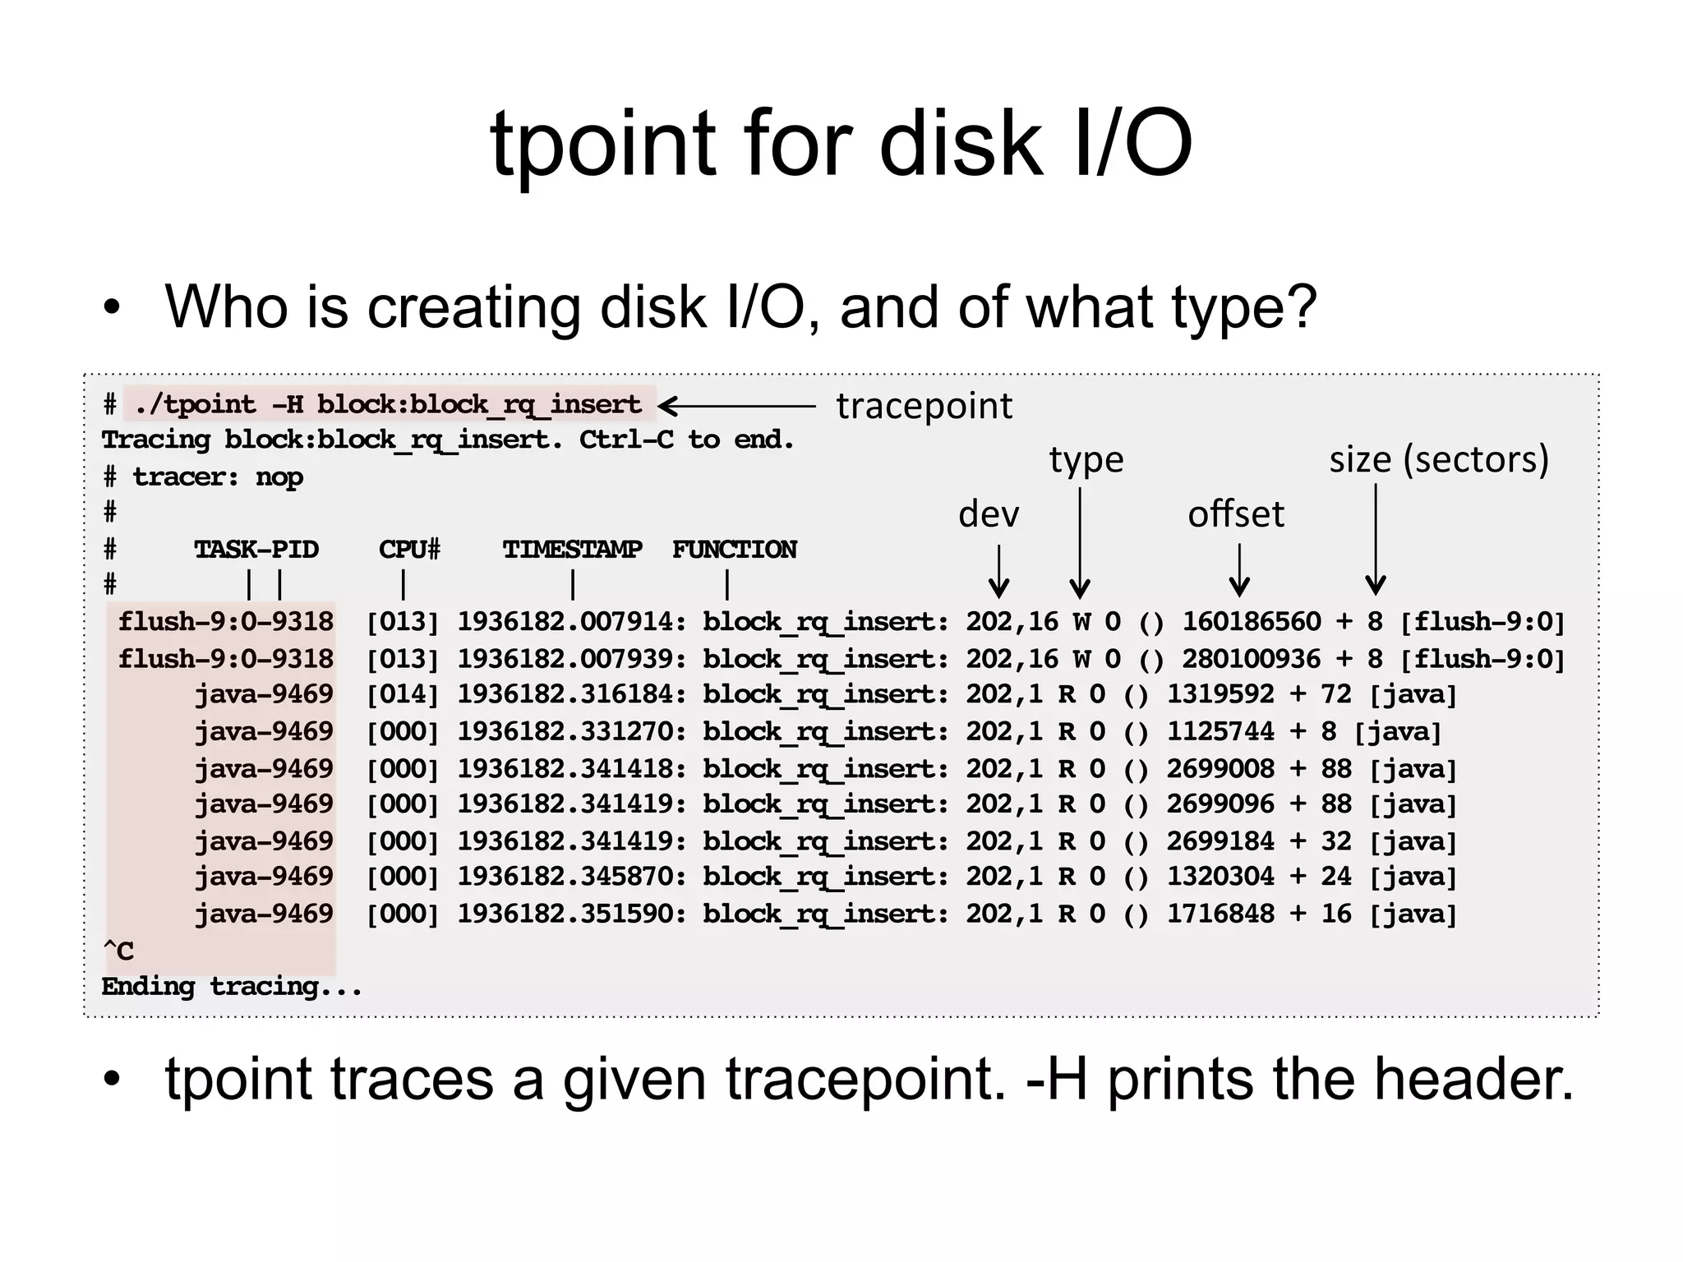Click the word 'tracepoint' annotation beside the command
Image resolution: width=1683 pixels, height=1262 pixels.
point(924,406)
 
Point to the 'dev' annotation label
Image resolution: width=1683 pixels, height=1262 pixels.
point(989,514)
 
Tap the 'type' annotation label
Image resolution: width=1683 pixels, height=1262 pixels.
point(1086,459)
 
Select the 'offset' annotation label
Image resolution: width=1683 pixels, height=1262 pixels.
point(1235,514)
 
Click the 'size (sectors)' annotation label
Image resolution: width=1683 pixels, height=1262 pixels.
point(1438,459)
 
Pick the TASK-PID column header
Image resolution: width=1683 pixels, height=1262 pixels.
point(256,549)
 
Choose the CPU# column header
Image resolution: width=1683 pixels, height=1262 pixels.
point(409,549)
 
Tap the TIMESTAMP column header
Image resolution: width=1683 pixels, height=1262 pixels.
point(572,549)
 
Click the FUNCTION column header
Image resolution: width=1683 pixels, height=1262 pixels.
point(735,549)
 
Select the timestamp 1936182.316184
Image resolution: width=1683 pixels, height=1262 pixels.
point(571,695)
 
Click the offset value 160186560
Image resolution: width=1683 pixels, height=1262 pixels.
point(1251,622)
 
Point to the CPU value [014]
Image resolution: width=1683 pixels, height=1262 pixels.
point(403,695)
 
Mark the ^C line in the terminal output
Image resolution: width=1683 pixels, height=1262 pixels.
point(118,951)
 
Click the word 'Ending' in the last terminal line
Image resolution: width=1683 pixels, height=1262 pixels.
point(148,987)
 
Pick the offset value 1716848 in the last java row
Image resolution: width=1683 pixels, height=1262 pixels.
point(1220,914)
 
